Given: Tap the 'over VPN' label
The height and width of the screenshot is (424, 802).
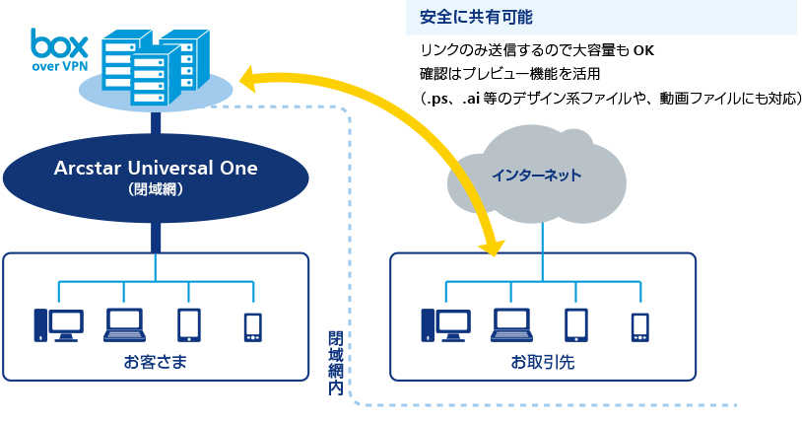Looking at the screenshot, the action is pos(60,66).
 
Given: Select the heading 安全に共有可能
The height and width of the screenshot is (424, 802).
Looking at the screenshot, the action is pos(476,17).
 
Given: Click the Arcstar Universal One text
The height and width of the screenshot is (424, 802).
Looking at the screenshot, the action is pos(156,168).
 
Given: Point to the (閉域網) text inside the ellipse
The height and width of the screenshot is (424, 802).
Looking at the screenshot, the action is pos(156,189).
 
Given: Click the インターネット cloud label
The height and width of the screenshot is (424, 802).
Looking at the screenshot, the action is pos(537,176).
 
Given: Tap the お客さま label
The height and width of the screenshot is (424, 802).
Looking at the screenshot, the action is pos(156,362).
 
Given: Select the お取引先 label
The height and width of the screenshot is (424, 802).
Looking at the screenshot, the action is pos(543,362).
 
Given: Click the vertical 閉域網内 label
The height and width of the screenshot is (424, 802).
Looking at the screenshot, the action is pos(336,363).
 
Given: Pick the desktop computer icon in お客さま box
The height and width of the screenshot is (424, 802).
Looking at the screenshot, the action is pos(58,325).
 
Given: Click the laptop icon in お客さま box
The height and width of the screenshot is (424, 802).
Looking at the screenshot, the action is pos(124,325).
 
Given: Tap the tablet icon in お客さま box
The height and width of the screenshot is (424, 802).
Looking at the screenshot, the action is pos(189,325).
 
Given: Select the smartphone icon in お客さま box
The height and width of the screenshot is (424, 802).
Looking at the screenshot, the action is pos(253,327).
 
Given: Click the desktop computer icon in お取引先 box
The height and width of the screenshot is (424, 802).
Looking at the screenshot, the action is pos(445,325).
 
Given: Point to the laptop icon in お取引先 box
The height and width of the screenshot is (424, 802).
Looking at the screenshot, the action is pos(511,325).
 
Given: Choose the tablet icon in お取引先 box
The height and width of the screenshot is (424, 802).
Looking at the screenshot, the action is pos(576,325).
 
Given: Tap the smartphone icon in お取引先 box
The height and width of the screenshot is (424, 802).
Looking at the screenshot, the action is pos(640,327).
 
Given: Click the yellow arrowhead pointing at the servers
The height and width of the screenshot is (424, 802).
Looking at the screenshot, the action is pos(248,78).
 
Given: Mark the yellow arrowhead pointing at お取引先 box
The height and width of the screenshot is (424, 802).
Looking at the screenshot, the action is pos(491,247).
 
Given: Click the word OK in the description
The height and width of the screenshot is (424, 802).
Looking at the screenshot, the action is pos(643,50).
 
